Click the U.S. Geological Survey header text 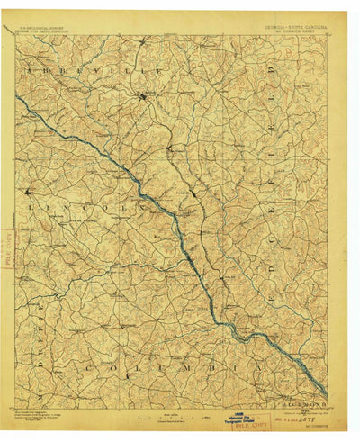46,28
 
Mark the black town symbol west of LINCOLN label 28,191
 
